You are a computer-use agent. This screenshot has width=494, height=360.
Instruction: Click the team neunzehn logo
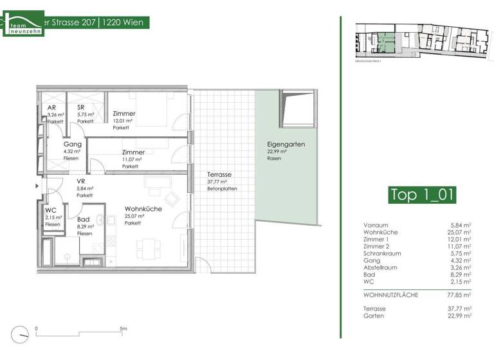click(x=24, y=23)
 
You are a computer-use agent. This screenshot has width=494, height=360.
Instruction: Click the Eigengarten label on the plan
click(x=286, y=145)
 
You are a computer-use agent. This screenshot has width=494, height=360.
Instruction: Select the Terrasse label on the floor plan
click(x=219, y=175)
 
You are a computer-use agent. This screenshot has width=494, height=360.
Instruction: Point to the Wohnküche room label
click(x=143, y=209)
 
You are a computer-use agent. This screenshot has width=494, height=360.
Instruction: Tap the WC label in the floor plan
click(x=51, y=210)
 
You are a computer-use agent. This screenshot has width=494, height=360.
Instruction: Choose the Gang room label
click(x=72, y=145)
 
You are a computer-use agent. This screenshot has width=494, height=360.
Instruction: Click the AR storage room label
click(x=51, y=107)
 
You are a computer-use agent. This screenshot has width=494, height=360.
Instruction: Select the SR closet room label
click(x=82, y=107)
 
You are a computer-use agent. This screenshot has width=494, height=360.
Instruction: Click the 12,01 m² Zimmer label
click(x=124, y=114)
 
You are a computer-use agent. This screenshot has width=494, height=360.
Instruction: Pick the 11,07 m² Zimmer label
click(x=133, y=152)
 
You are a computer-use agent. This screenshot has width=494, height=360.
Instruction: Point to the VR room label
click(x=81, y=182)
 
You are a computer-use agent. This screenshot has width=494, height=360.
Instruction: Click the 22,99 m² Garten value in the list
click(x=459, y=316)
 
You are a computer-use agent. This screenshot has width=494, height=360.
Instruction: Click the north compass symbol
click(x=24, y=335)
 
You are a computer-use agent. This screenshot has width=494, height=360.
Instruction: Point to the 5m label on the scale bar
click(x=123, y=328)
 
